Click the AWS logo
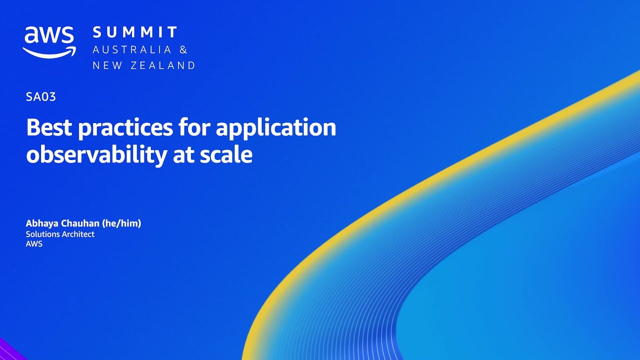click(x=49, y=41)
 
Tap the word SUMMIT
click(x=135, y=33)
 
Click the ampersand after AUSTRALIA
click(x=183, y=49)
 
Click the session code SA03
click(x=41, y=97)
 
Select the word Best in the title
click(x=49, y=127)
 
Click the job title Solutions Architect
click(x=60, y=234)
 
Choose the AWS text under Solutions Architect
click(x=34, y=244)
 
